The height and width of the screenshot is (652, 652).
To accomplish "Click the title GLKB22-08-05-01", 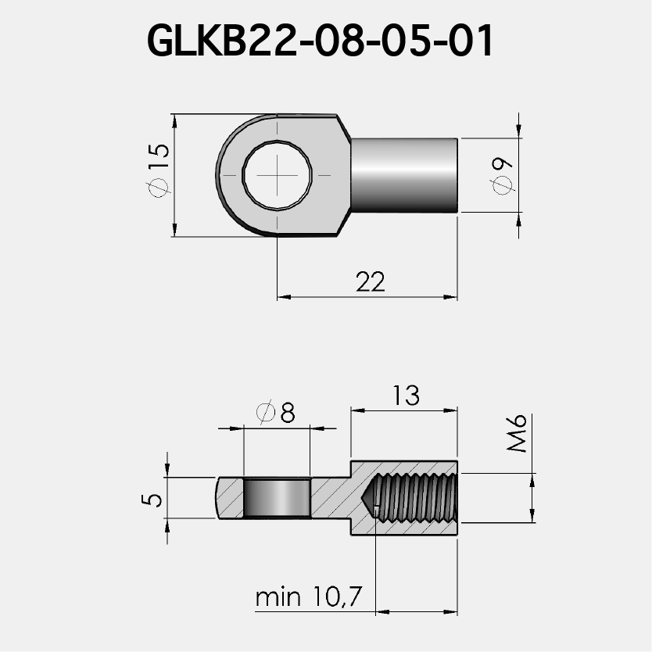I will (x=321, y=41).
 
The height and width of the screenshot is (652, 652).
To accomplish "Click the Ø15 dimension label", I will (x=157, y=167).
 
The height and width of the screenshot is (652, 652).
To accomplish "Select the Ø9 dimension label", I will (x=501, y=174).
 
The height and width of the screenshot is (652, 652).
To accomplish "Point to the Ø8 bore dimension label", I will (x=276, y=413).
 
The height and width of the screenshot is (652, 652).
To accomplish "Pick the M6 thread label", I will (x=517, y=434).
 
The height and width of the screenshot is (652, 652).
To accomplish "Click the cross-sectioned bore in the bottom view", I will (x=277, y=499).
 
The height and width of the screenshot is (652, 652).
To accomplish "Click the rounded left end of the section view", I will (x=218, y=498).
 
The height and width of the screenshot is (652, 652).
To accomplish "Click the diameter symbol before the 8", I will (x=265, y=413).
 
